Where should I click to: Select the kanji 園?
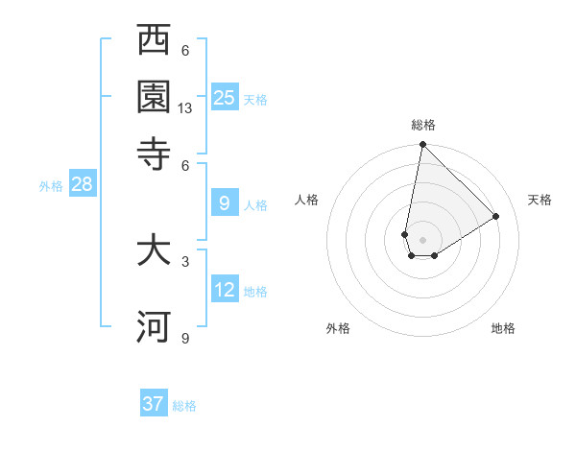tap(154, 96)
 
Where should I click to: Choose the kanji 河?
tap(154, 326)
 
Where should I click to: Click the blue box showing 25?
tap(225, 97)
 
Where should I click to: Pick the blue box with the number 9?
tap(225, 203)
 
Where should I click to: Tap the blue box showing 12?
tap(225, 290)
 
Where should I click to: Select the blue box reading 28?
tap(82, 185)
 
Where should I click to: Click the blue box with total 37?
tap(154, 404)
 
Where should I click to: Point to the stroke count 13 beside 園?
tap(185, 108)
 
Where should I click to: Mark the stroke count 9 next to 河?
tap(185, 338)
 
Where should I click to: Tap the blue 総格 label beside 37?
tap(184, 406)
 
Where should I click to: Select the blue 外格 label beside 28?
tap(51, 187)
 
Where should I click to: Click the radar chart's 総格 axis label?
tap(423, 126)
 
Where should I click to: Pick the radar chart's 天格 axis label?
tap(540, 200)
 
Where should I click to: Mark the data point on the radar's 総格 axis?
tap(422, 146)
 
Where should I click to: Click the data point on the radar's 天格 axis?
tap(496, 216)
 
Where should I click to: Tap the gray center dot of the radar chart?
tap(422, 239)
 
